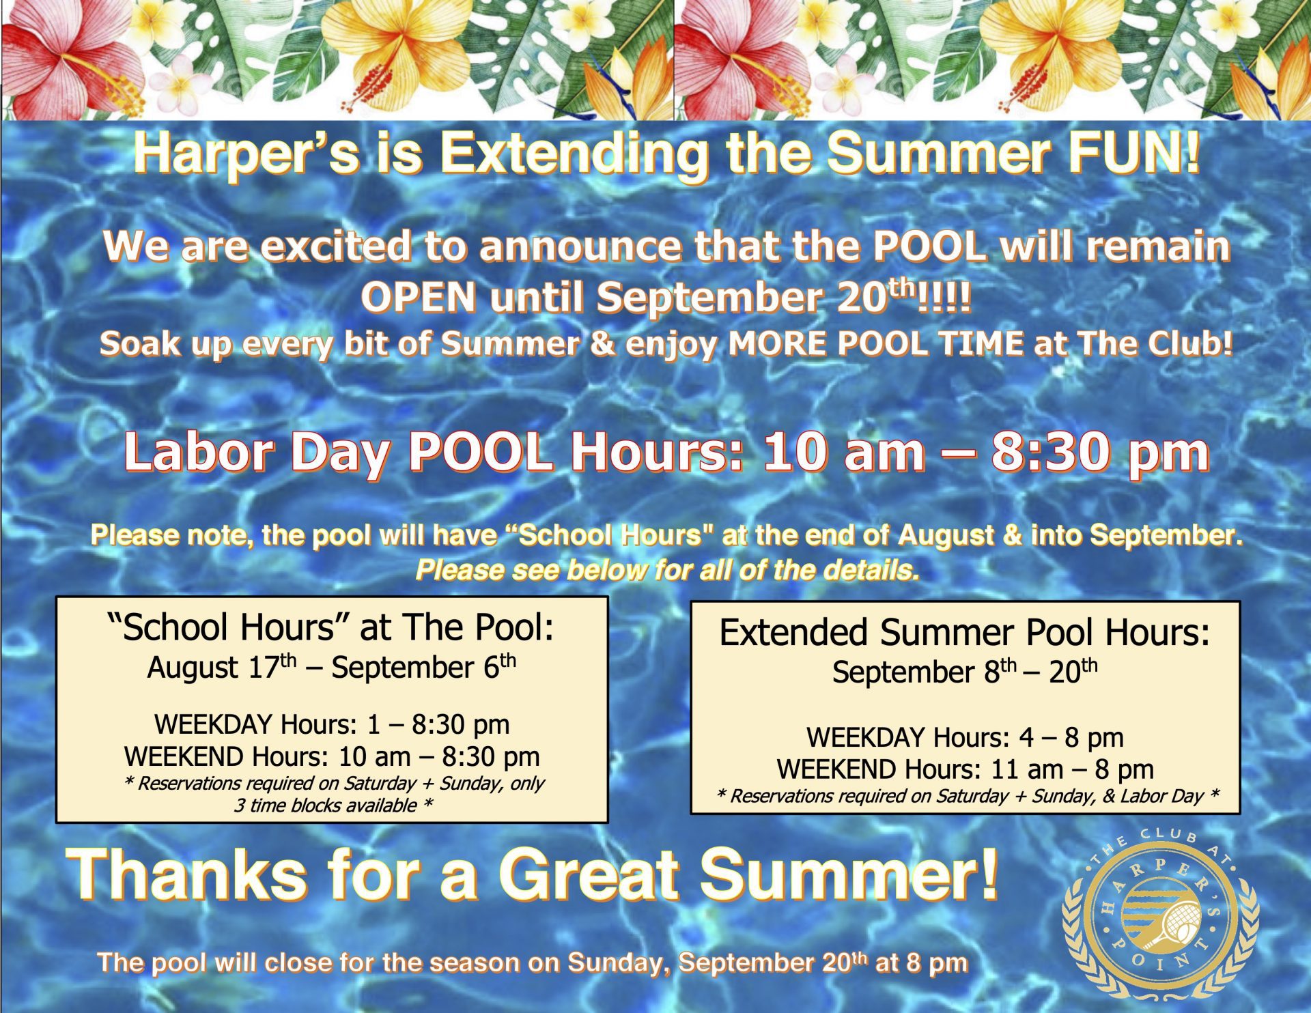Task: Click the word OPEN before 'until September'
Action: [418, 297]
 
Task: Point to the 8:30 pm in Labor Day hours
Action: [1100, 453]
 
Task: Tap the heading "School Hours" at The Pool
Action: [331, 627]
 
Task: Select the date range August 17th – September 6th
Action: [332, 667]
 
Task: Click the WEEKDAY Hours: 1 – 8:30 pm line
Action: [332, 724]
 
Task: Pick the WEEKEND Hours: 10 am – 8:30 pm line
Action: [332, 756]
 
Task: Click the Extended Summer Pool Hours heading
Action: [964, 632]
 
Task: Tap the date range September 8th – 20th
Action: [965, 672]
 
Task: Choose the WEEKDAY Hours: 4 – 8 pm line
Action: [965, 737]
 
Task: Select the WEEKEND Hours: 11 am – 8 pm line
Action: [965, 769]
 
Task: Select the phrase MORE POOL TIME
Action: [876, 343]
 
